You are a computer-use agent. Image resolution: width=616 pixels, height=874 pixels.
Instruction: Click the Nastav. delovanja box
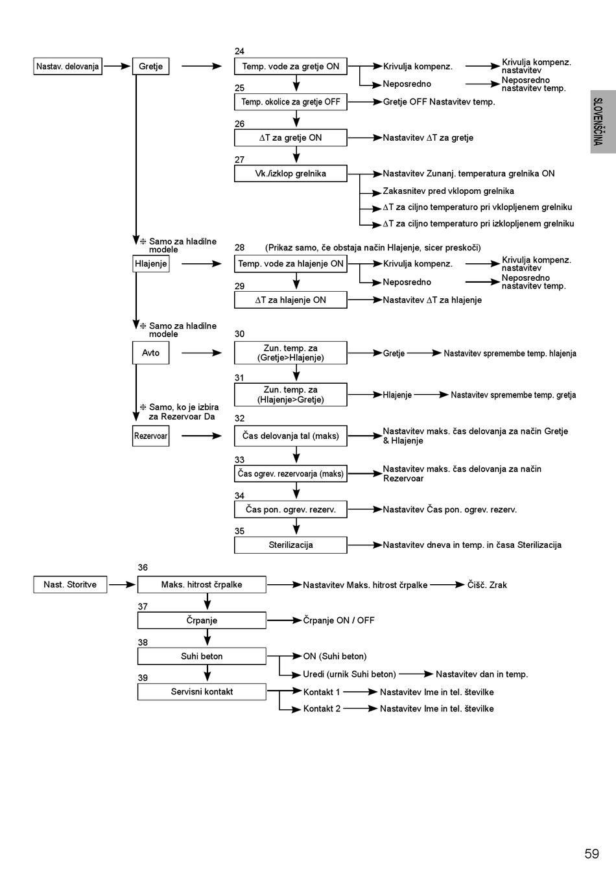coord(67,66)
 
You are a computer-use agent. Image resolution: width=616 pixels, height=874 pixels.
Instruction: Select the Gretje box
coord(150,66)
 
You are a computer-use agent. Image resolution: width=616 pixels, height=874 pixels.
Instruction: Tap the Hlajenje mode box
coord(150,264)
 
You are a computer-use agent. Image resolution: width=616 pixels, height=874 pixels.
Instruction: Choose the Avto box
coord(150,353)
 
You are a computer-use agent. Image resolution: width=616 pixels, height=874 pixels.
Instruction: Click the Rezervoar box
coord(150,436)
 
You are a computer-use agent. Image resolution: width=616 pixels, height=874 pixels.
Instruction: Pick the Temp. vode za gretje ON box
coord(290,66)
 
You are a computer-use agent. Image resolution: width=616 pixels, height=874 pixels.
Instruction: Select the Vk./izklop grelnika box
coord(290,174)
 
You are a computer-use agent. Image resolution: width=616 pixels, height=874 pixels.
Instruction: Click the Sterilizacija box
coord(290,545)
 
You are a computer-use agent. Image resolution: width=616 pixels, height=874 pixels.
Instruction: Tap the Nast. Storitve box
coord(70,585)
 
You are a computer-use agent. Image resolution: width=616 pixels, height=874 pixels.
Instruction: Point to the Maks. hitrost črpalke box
coord(202,585)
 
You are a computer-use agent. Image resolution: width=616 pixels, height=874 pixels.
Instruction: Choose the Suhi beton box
coord(202,656)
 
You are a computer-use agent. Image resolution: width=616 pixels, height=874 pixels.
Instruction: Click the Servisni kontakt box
coord(202,692)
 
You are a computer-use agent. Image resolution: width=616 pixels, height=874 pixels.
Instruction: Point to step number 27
coord(239,159)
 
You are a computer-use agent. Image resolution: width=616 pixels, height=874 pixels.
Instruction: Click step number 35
coord(239,531)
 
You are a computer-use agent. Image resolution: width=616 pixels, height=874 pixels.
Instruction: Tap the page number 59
coord(591,854)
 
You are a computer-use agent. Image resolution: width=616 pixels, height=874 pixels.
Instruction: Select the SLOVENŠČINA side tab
coord(602,121)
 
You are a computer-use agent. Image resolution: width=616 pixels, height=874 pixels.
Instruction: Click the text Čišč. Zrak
coord(487,585)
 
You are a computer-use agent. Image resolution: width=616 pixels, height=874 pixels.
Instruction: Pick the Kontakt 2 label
coord(322,709)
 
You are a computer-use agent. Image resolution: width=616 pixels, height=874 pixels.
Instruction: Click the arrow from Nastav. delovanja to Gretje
coord(117,66)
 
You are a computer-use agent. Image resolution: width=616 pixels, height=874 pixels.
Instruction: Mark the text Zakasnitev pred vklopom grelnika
coord(448,191)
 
